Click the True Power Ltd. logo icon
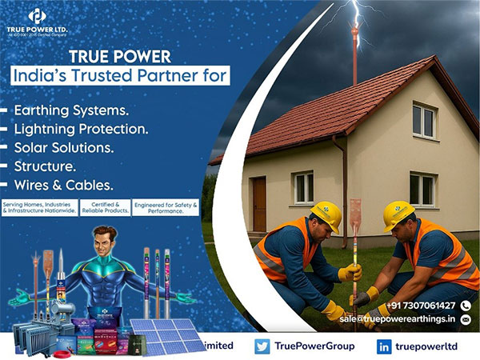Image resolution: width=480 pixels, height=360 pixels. click(37, 15)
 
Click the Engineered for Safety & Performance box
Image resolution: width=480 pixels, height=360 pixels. click(166, 207)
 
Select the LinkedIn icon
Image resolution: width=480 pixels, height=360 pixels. click(384, 346)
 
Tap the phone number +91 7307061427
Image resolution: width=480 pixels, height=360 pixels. click(421, 306)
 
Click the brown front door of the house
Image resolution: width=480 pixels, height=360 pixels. click(259, 203)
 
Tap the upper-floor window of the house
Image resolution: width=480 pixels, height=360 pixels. click(423, 120)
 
